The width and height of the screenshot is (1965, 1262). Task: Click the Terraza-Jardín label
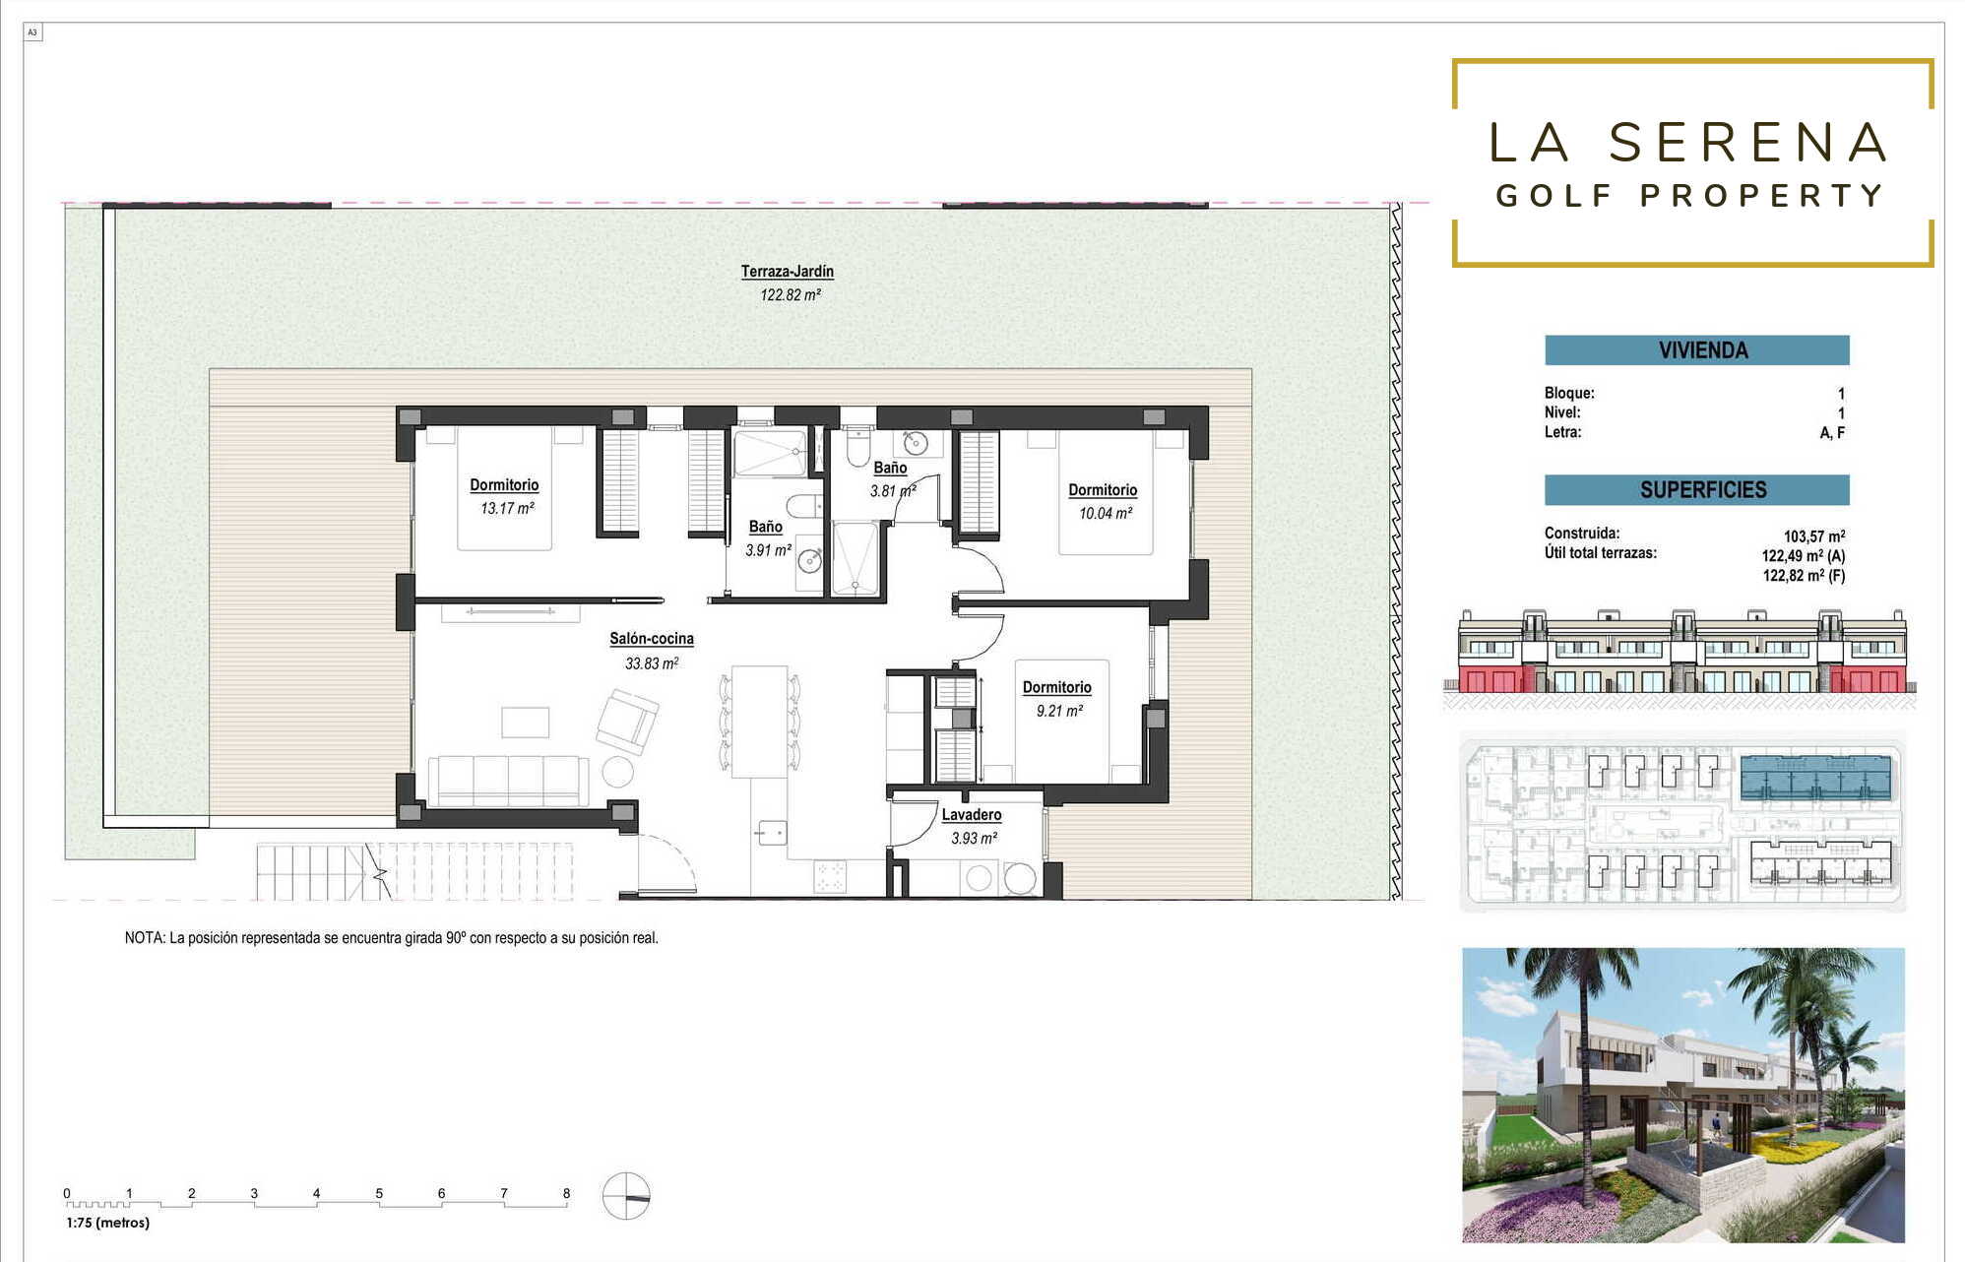pyautogui.click(x=788, y=272)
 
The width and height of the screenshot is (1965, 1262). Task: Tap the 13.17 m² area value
pyautogui.click(x=507, y=509)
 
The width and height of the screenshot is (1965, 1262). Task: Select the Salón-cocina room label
pyautogui.click(x=652, y=639)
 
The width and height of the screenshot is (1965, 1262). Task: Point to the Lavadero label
pyautogui.click(x=972, y=815)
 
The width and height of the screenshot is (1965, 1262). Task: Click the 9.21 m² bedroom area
pyautogui.click(x=1059, y=711)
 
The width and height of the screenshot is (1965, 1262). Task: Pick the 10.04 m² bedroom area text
pyautogui.click(x=1106, y=514)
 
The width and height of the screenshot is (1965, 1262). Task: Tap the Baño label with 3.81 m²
pyautogui.click(x=890, y=469)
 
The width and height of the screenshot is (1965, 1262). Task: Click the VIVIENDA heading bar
pyautogui.click(x=1696, y=350)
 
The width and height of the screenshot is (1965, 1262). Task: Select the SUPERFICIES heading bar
pyautogui.click(x=1696, y=489)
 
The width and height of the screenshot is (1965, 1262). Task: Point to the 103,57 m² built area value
pyautogui.click(x=1814, y=536)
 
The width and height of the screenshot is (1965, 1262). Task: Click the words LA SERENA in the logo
pyautogui.click(x=1688, y=143)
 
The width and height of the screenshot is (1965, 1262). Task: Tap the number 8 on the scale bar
pyautogui.click(x=566, y=1193)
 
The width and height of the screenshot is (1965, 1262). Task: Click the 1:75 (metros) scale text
pyautogui.click(x=108, y=1223)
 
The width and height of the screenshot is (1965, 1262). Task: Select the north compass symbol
pyautogui.click(x=626, y=1196)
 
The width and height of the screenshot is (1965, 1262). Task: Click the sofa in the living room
pyautogui.click(x=508, y=781)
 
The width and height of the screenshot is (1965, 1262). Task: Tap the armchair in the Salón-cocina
pyautogui.click(x=627, y=722)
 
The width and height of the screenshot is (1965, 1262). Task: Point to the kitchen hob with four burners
pyautogui.click(x=830, y=877)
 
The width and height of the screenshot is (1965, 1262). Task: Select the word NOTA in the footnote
pyautogui.click(x=144, y=938)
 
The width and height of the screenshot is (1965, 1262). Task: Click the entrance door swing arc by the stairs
pyautogui.click(x=673, y=856)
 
